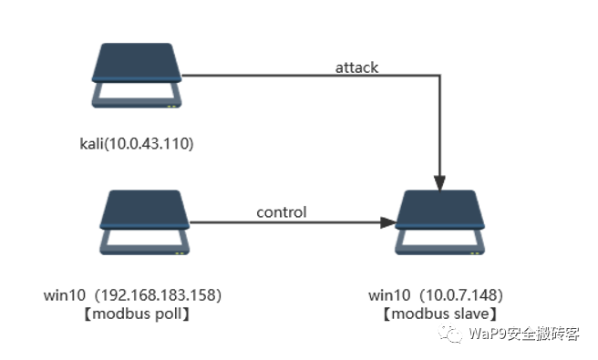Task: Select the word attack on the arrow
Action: coord(356,67)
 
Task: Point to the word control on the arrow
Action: coord(281,212)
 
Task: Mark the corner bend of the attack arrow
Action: coord(441,77)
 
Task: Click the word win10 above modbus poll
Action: coord(65,295)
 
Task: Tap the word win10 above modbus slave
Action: coord(386,295)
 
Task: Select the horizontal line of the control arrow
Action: coord(273,222)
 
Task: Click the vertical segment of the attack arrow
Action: coord(441,128)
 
